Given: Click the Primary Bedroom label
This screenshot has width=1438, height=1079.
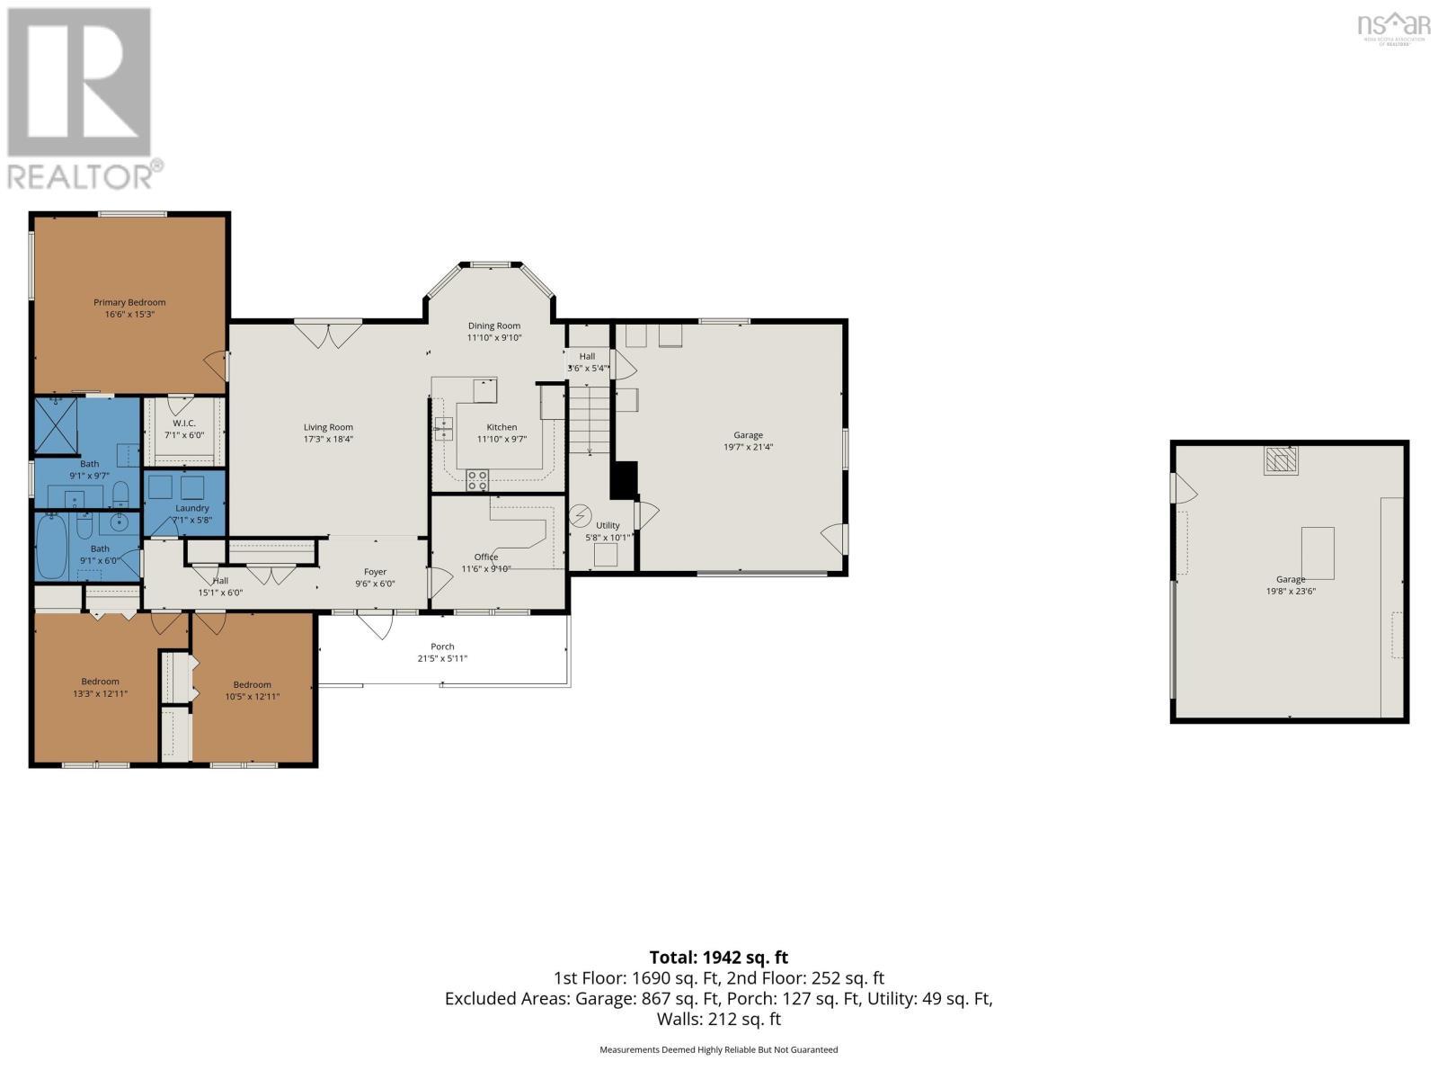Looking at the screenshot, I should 129,302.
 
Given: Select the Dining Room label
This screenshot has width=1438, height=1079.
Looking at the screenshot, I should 493,325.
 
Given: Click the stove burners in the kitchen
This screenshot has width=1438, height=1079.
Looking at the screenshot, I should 477,481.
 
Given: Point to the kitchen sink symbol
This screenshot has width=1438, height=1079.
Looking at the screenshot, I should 443,428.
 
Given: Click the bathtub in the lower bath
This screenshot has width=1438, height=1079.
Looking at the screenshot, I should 51,546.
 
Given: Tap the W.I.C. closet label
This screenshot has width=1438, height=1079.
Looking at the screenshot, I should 184,423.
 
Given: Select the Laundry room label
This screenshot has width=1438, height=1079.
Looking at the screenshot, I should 192,508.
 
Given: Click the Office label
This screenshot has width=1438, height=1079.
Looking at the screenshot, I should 486,557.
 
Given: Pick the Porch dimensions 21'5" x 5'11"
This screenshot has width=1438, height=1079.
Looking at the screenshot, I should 442,658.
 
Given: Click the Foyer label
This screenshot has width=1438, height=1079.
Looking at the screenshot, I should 375,572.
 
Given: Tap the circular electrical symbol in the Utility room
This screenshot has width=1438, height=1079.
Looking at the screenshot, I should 581,517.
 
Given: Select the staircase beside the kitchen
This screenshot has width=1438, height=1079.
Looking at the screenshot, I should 590,418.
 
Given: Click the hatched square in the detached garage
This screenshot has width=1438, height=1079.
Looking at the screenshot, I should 1281,460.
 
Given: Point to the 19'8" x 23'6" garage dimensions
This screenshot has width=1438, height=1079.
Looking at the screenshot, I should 1291,592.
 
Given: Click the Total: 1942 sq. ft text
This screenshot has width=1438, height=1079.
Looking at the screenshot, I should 718,958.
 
